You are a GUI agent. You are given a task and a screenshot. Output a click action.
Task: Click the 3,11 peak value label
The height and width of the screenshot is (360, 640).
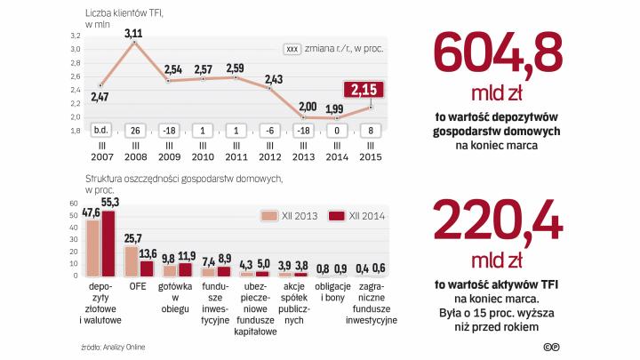pyautogui.click(x=133, y=33)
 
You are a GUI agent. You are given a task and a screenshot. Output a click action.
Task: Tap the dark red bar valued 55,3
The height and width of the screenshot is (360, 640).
pyautogui.click(x=108, y=244)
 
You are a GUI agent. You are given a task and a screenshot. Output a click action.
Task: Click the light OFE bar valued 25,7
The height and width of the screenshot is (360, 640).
pyautogui.click(x=131, y=261)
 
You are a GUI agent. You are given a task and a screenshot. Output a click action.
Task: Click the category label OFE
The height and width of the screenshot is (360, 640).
pyautogui.click(x=139, y=287)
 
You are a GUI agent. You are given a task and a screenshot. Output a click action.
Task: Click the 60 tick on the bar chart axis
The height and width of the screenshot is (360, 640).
pyautogui.click(x=74, y=203)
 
